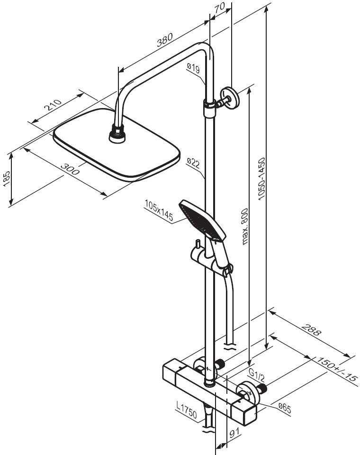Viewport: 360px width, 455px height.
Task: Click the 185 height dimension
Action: pyautogui.click(x=6, y=180)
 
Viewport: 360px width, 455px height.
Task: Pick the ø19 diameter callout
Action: pyautogui.click(x=193, y=69)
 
